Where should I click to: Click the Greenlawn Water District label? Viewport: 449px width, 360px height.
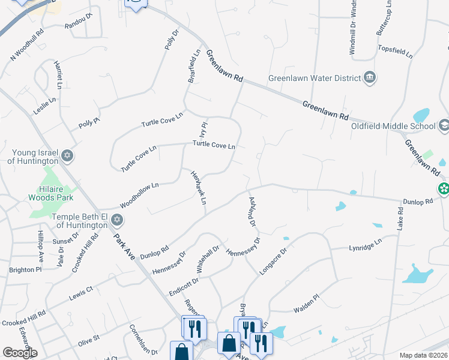click(312, 77)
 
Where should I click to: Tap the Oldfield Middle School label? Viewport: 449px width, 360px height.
click(393, 126)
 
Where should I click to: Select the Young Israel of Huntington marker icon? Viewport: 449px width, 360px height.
click(68, 156)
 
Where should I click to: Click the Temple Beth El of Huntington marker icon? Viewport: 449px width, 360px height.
click(117, 220)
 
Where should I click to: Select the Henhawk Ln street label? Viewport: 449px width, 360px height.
click(199, 187)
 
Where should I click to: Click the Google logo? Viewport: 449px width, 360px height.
click(20, 353)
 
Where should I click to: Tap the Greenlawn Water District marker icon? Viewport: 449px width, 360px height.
click(370, 77)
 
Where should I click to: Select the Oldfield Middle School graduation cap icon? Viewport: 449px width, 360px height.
click(444, 125)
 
